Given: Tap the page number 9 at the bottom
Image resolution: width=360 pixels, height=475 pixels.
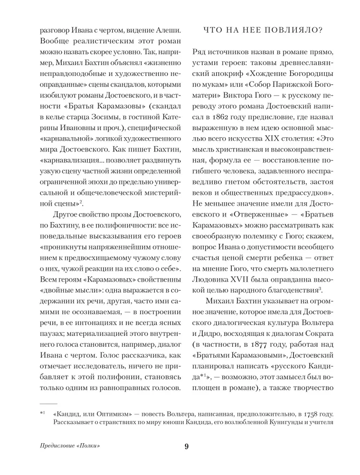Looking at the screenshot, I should pyautogui.click(x=187, y=446).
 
